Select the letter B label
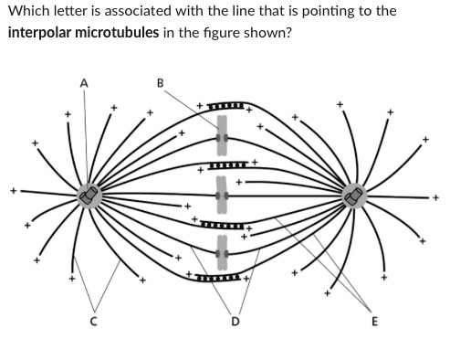[x=161, y=83]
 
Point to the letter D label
[x=235, y=321]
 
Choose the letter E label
[x=372, y=321]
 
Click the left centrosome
[x=88, y=195]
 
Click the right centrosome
[x=353, y=196]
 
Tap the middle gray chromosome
[x=220, y=195]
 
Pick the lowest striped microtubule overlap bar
[x=220, y=276]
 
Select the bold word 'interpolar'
[x=41, y=32]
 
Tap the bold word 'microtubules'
[x=124, y=32]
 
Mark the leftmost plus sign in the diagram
[x=14, y=192]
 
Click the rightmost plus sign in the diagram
[x=436, y=195]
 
